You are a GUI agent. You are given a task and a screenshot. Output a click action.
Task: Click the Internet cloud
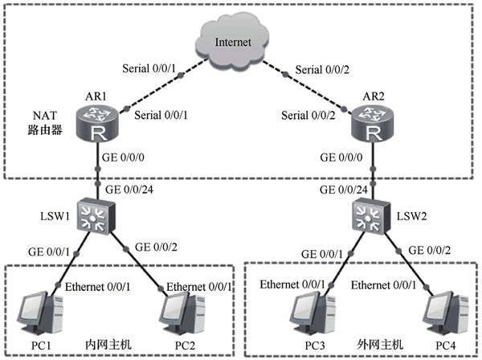tap(232, 41)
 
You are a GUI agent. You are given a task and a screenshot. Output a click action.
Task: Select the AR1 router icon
tap(97, 124)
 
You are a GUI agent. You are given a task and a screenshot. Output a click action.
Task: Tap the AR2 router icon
tap(372, 124)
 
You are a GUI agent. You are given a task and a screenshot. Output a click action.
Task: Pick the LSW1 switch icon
tap(96, 216)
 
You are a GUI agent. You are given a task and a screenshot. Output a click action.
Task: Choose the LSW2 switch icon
tap(371, 216)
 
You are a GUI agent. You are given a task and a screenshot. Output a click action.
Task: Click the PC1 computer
tap(41, 313)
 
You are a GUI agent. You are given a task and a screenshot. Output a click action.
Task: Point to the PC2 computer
tap(182, 313)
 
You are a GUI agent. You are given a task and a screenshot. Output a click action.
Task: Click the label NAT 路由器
tap(45, 123)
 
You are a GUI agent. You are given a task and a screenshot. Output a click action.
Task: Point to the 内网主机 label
tap(108, 345)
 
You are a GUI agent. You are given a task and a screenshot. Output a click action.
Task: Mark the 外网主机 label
tap(380, 345)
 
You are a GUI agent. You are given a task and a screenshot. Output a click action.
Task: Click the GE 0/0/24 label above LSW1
tap(129, 190)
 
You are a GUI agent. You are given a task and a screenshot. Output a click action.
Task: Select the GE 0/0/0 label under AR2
tap(341, 157)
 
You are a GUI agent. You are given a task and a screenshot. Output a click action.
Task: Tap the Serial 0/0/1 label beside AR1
tap(161, 115)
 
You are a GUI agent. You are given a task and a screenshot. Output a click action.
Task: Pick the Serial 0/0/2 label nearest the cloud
tap(322, 70)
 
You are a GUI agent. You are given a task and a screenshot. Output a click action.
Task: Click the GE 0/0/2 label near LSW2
tap(430, 251)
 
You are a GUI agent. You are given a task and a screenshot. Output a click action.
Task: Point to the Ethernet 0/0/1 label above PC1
tap(97, 287)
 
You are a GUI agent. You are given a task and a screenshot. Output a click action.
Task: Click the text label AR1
tap(96, 96)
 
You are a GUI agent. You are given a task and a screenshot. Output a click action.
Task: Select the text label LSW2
tap(411, 216)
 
